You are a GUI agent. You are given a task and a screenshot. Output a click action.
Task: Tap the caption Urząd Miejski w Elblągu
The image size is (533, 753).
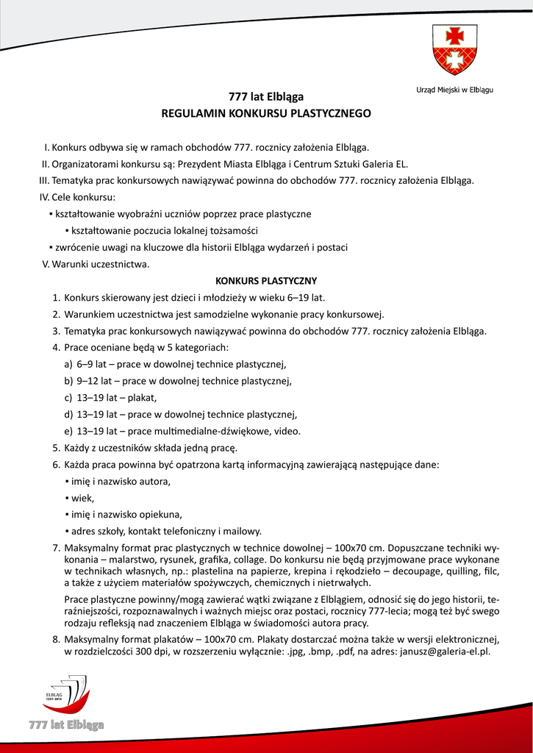pyautogui.click(x=449, y=90)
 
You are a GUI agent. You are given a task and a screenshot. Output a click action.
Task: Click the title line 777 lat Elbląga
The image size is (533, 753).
pyautogui.click(x=266, y=96)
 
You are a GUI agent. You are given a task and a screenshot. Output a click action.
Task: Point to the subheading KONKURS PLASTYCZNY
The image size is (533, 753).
pyautogui.click(x=265, y=281)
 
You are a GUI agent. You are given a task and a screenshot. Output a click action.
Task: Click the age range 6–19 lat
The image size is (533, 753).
pyautogui.click(x=302, y=298)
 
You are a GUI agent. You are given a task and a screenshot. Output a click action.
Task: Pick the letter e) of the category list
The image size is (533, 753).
pyautogui.click(x=68, y=431)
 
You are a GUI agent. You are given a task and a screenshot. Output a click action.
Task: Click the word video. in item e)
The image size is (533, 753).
pyautogui.click(x=287, y=431)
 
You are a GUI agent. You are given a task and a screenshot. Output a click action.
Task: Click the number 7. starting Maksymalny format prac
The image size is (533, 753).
pyautogui.click(x=56, y=548)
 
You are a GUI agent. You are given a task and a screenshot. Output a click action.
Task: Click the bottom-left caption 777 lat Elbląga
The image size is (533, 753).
pyautogui.click(x=66, y=725)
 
